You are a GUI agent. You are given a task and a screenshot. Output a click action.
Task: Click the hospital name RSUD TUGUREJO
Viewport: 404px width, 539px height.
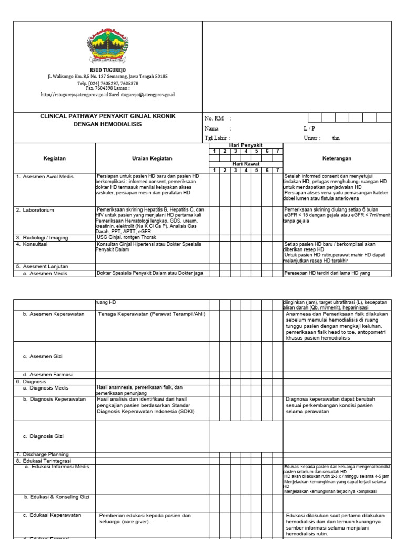107,70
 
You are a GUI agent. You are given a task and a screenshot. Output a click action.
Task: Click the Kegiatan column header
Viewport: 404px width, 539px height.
54,158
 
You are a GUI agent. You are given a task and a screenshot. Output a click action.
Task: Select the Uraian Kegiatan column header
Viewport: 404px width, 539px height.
151,158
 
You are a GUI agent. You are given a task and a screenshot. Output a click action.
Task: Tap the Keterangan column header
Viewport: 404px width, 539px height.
337,158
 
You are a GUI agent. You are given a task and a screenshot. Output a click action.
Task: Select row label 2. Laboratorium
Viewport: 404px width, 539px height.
35,210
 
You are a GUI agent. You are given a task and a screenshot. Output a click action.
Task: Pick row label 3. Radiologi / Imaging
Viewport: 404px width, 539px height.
42,238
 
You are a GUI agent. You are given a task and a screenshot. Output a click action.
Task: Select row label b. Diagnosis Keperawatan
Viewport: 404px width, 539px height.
54,400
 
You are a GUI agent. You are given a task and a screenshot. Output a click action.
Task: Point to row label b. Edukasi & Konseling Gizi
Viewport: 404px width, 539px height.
56,496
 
